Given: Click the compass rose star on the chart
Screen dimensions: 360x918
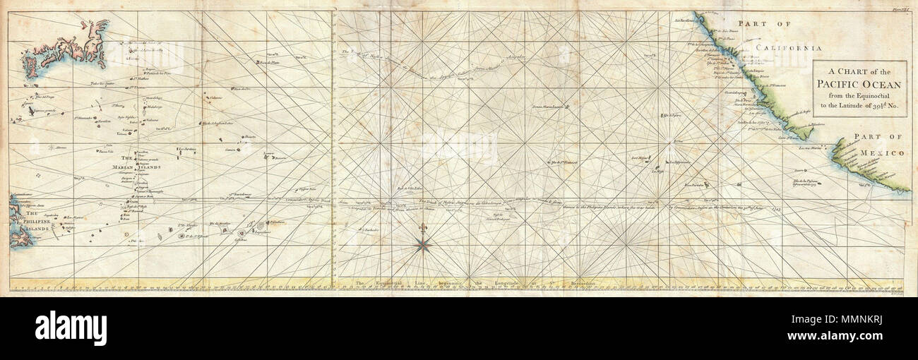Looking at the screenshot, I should click(424, 244).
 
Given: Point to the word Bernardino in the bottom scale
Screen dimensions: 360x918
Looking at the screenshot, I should click(580, 283).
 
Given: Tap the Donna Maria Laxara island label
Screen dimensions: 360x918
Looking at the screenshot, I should click(551, 107).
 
